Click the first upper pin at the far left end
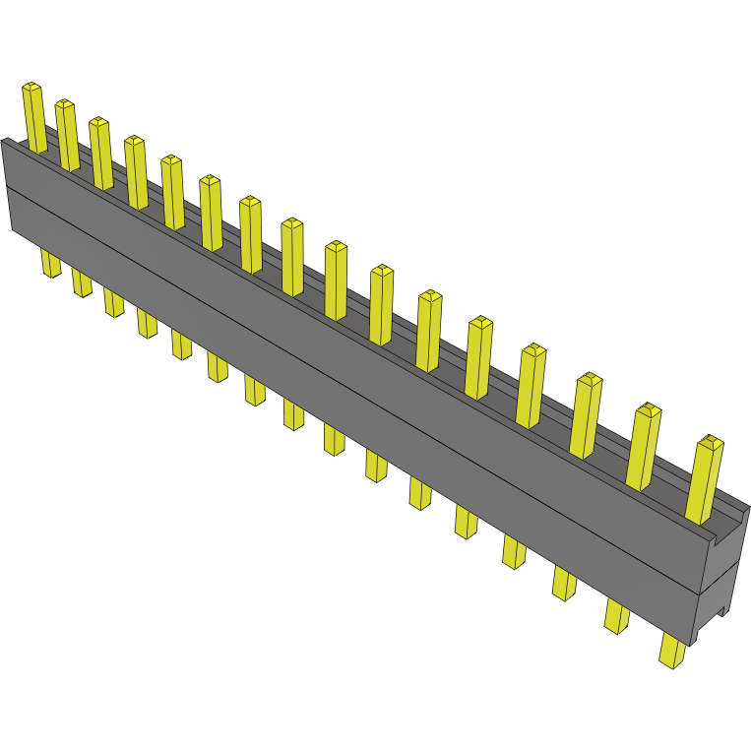[34, 118]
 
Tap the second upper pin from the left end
[67, 135]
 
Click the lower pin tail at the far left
[50, 263]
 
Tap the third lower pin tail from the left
[114, 301]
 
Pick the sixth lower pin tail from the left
[218, 366]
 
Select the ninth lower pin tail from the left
[334, 439]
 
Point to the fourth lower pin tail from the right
[513, 551]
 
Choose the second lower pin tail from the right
[617, 615]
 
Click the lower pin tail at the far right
[673, 651]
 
